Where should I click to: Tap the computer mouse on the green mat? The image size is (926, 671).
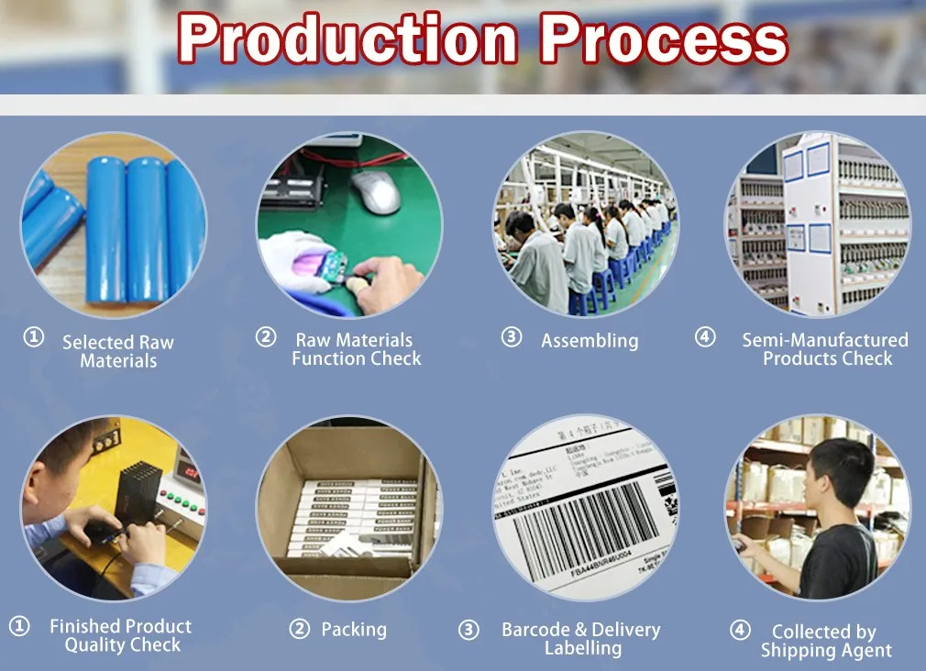point(377,192)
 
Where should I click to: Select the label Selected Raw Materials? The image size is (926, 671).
point(117,351)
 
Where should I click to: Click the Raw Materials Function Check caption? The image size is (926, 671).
point(356,349)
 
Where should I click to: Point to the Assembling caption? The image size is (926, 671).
point(590,341)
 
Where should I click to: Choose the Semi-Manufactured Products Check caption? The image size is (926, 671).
point(825,349)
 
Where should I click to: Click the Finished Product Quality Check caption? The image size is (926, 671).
point(120,635)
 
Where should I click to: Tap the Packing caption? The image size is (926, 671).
point(353,629)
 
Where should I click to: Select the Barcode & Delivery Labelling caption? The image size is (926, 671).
point(581,638)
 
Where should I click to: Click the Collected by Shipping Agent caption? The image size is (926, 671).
point(824,641)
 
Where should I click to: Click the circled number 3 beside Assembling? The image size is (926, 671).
point(511,337)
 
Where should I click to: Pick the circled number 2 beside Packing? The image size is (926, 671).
point(299,628)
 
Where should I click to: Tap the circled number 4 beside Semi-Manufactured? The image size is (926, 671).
point(704,337)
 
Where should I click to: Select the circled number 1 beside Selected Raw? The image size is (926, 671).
point(33,337)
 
